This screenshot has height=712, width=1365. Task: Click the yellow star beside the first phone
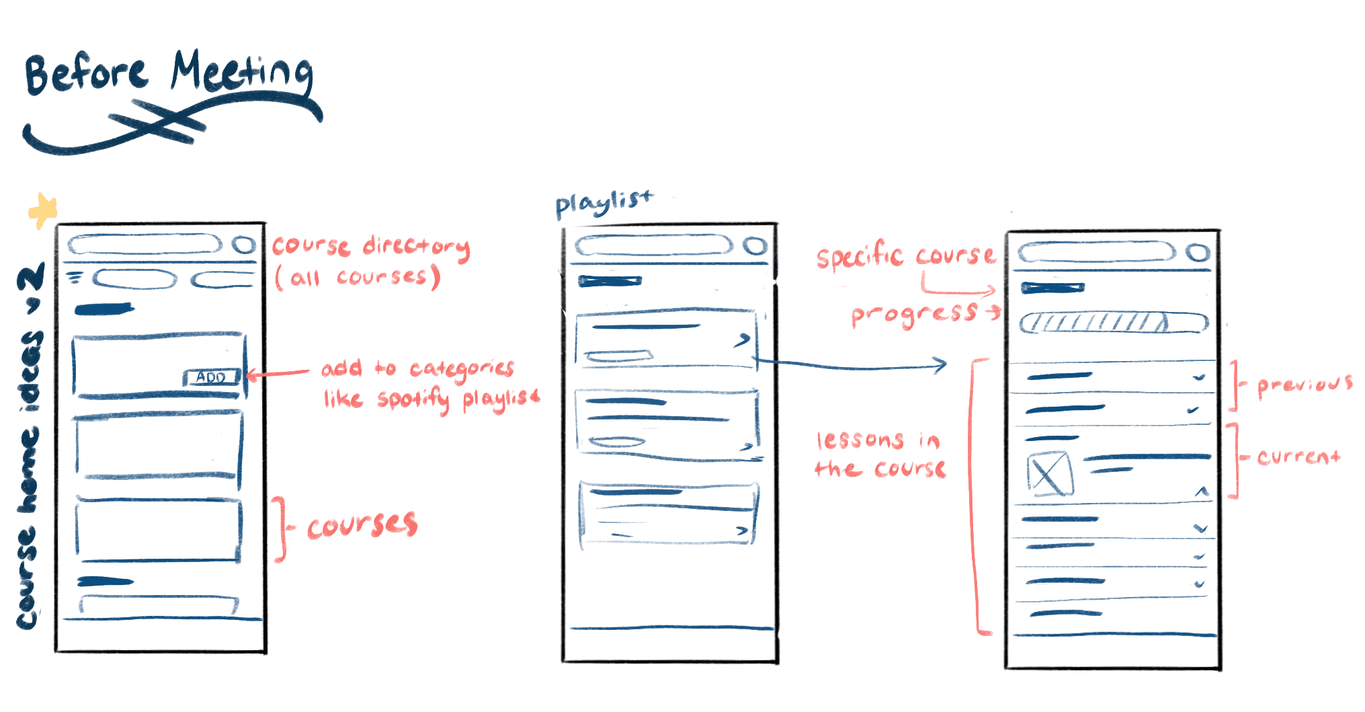[43, 211]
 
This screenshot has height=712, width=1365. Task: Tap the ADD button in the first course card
[211, 377]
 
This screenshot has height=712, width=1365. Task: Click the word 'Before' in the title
[85, 74]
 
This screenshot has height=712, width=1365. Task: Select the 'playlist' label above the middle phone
[603, 203]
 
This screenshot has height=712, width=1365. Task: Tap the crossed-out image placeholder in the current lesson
[1049, 473]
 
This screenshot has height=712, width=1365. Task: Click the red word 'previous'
[1305, 385]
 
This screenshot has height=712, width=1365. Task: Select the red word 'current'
[1298, 457]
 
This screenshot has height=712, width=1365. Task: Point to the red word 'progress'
[914, 314]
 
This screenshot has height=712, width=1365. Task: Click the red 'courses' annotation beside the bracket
[362, 525]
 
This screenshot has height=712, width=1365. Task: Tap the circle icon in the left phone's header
[244, 245]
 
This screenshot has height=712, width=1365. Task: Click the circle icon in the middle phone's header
[755, 246]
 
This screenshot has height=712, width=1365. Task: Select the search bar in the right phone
[1095, 253]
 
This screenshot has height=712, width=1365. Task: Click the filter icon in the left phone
[75, 276]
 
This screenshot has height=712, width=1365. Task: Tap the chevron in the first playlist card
[742, 340]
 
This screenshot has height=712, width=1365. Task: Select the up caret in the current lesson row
[1202, 492]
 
